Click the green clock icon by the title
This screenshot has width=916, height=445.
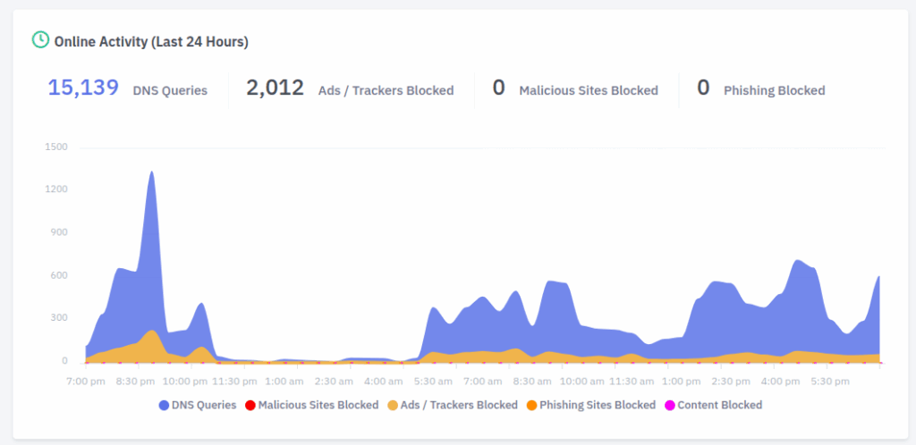[x=40, y=40]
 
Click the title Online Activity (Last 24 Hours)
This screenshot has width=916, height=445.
[x=151, y=41]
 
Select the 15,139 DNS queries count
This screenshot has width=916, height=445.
[x=83, y=88]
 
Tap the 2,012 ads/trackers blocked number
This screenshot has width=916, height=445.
[x=275, y=88]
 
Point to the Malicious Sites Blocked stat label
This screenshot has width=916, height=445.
[x=588, y=90]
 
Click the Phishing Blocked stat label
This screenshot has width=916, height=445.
[x=774, y=90]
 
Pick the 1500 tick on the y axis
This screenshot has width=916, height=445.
[x=55, y=147]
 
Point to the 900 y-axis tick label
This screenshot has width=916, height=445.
[x=58, y=232]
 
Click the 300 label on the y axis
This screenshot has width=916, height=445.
[x=58, y=318]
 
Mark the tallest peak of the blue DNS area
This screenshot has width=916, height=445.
[x=151, y=172]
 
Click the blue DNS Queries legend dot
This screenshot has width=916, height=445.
[x=164, y=405]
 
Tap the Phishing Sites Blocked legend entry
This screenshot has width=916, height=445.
[x=598, y=405]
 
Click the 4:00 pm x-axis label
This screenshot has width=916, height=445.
[x=780, y=381]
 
